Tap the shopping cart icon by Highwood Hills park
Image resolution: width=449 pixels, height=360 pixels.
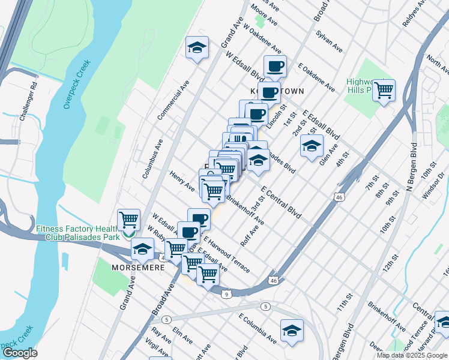[x=384, y=91]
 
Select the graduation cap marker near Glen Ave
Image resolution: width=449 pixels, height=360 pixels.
[x=312, y=146]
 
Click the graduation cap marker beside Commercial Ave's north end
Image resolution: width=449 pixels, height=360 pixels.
[x=196, y=47]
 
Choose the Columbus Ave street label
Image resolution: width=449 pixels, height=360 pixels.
[x=152, y=159]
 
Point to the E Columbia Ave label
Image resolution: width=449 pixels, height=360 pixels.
[x=257, y=328]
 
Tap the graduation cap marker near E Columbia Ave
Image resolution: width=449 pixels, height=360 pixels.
[x=292, y=331]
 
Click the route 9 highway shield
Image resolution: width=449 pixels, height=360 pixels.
[x=226, y=294]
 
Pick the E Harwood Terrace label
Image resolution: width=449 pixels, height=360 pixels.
[x=227, y=254]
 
